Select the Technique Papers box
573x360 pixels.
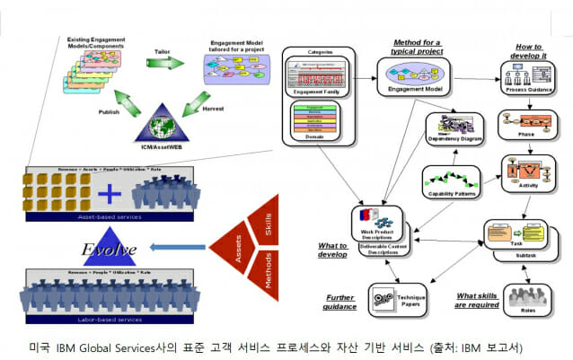point(398,299)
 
